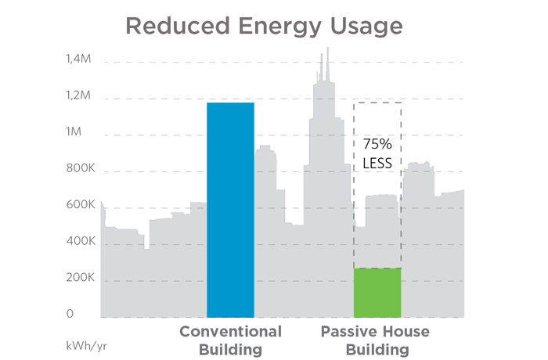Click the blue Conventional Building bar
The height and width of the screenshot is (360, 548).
[x=230, y=210]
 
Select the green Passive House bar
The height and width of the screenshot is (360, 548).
[x=377, y=293]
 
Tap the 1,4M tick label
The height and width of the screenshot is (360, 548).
[x=79, y=59]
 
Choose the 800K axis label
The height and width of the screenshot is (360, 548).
[x=80, y=168]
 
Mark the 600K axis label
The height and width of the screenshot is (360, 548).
[x=80, y=205]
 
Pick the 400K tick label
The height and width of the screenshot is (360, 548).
[x=80, y=242]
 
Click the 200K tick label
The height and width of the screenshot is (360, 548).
[x=80, y=278]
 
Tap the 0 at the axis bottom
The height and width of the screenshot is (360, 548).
[x=70, y=314]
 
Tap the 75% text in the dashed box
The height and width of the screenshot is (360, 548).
[x=377, y=145]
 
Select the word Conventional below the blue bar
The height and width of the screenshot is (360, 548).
[x=230, y=331]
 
